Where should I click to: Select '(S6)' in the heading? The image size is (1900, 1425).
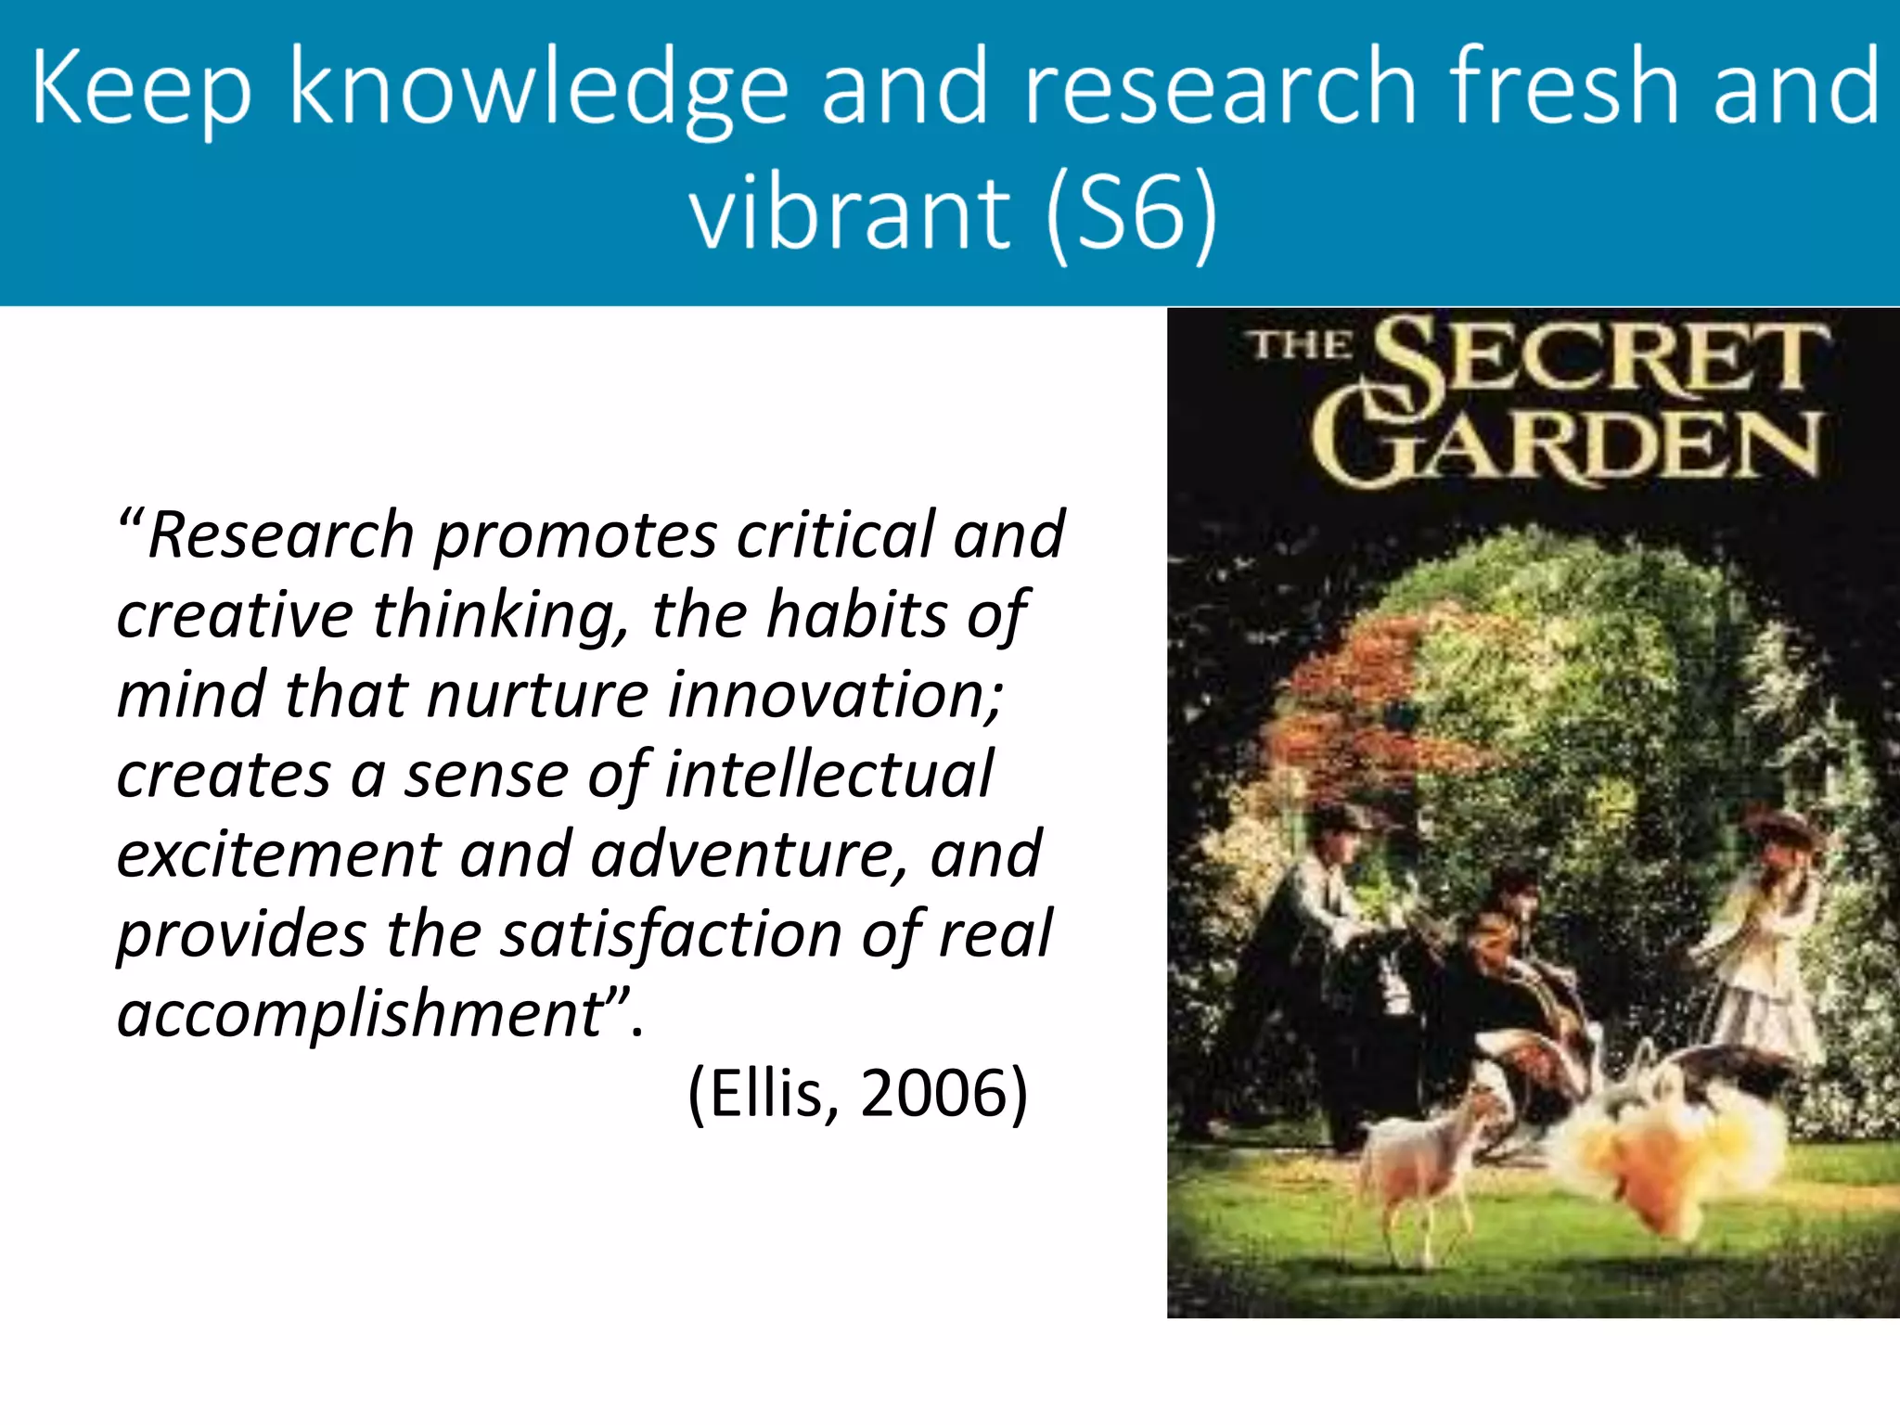[1131, 213]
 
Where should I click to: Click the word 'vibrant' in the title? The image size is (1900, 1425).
[849, 213]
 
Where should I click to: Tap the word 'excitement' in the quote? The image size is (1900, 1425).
[278, 854]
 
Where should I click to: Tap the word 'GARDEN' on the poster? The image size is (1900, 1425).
[1568, 445]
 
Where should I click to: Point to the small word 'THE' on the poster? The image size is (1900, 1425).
[1302, 345]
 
